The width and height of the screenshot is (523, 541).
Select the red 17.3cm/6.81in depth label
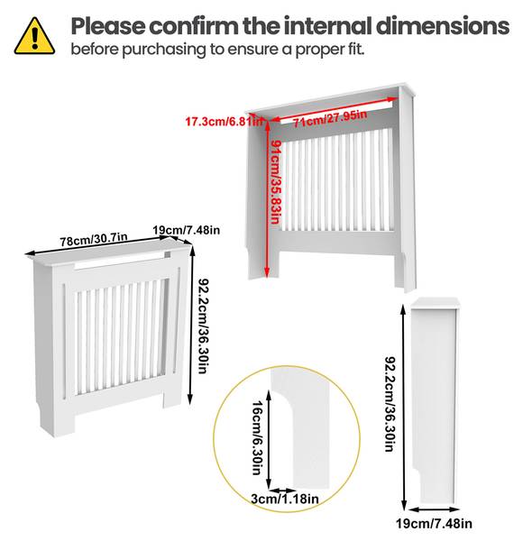pos(225,121)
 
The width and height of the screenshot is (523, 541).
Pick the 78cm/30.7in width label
pos(94,241)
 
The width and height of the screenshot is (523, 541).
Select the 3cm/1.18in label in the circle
pos(284,498)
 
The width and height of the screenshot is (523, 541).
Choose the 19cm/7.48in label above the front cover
pos(187,230)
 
